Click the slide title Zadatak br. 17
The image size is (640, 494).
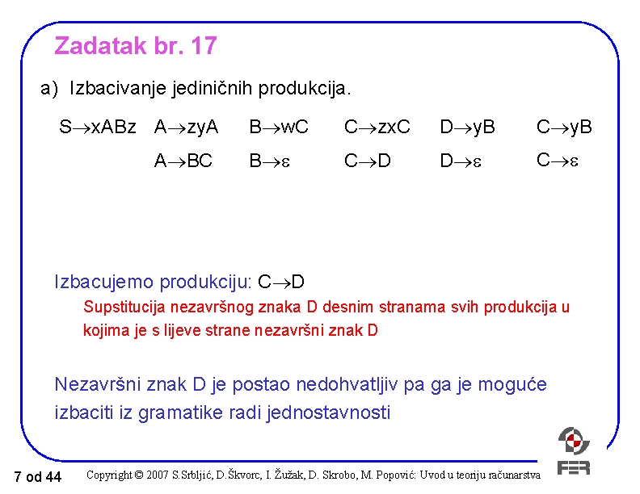(x=135, y=47)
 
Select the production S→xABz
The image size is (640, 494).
(x=98, y=128)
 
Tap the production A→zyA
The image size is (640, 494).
(x=187, y=128)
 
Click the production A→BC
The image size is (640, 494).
(x=183, y=161)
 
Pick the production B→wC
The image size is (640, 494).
(x=279, y=128)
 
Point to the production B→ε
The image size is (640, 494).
(x=269, y=161)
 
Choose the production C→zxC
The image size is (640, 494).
(x=377, y=128)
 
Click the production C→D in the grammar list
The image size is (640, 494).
(x=368, y=161)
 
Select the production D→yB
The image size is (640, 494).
(x=467, y=128)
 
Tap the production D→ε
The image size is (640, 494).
(x=460, y=161)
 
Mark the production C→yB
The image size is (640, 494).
(x=564, y=128)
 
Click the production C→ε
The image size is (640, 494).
(x=557, y=161)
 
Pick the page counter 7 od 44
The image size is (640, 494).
(x=38, y=477)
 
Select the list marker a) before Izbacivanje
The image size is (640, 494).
(x=49, y=87)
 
